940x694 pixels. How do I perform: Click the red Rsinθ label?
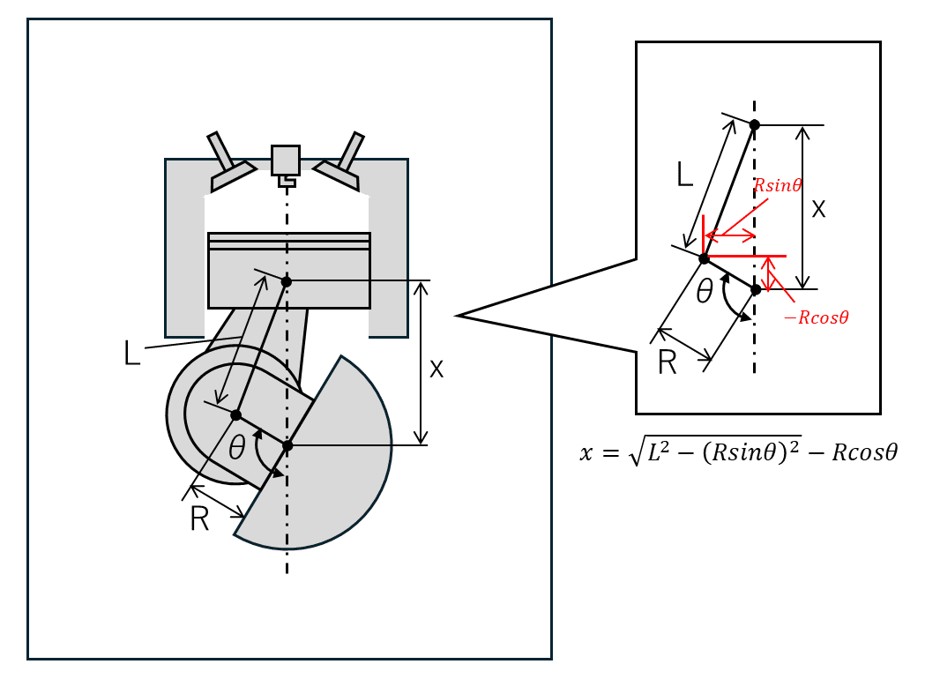coord(778,185)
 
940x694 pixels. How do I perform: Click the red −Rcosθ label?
coord(817,317)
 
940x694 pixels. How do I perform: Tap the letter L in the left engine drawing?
coord(132,353)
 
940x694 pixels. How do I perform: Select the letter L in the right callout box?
coord(684,174)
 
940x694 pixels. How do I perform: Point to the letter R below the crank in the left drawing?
coord(199,519)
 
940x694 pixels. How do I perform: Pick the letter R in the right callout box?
coord(668,362)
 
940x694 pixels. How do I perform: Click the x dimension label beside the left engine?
coord(436,369)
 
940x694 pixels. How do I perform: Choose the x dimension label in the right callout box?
coord(818,209)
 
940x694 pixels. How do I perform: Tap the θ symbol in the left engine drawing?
coord(237,447)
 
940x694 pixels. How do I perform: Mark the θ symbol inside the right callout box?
coord(705,291)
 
